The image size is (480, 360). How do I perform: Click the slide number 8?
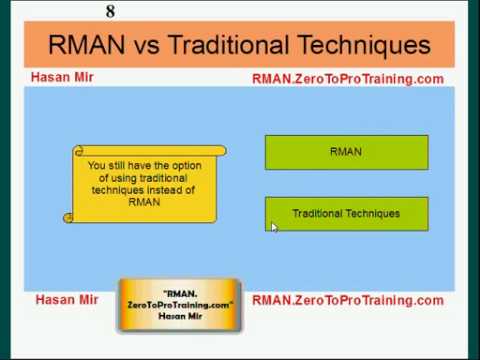pyautogui.click(x=110, y=11)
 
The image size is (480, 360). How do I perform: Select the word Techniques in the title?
pyautogui.click(x=365, y=45)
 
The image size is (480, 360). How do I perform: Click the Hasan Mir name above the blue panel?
pyautogui.click(x=62, y=77)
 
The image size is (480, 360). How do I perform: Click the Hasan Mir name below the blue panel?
pyautogui.click(x=66, y=299)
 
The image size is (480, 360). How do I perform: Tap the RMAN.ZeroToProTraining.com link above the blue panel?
pyautogui.click(x=347, y=78)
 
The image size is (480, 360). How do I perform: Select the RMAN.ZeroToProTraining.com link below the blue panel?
pyautogui.click(x=347, y=300)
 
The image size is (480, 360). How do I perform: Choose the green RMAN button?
pyautogui.click(x=346, y=152)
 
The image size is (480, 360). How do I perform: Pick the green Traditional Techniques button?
pyautogui.click(x=346, y=213)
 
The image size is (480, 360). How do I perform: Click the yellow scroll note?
pyautogui.click(x=145, y=184)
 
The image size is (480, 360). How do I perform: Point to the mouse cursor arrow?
pyautogui.click(x=274, y=227)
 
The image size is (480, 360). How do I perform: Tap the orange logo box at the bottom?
pyautogui.click(x=180, y=304)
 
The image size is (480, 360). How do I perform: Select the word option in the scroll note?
pyautogui.click(x=178, y=166)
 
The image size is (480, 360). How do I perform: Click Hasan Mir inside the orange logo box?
pyautogui.click(x=180, y=315)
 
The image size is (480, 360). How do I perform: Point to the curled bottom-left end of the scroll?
pyautogui.click(x=68, y=215)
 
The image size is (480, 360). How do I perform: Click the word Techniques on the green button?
pyautogui.click(x=373, y=213)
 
